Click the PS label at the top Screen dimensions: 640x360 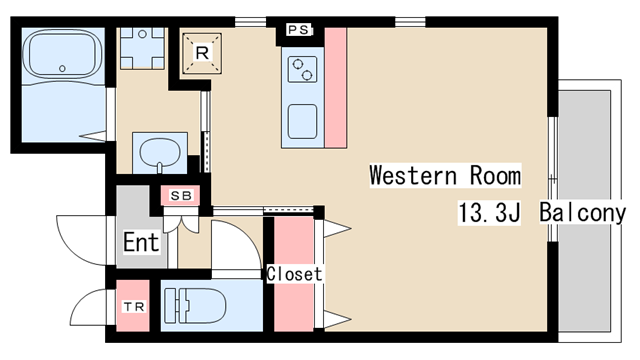point(299,30)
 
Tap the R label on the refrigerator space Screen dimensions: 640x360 point(202,53)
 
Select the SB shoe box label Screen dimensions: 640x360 point(181,196)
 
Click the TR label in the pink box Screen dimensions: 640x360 point(134,307)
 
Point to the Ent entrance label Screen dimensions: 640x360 point(141,243)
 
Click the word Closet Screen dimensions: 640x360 point(294,274)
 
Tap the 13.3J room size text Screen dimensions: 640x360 point(489,212)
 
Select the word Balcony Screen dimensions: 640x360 point(582,212)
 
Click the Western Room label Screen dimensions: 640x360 point(445,176)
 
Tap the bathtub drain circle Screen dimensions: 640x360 point(62,69)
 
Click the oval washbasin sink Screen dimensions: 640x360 point(160,152)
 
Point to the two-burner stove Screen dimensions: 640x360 point(302,69)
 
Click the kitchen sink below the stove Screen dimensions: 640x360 point(302,122)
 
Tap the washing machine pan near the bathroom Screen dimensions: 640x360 point(142,48)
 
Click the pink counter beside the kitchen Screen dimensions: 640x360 point(336,88)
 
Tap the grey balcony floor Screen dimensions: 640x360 point(584,211)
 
